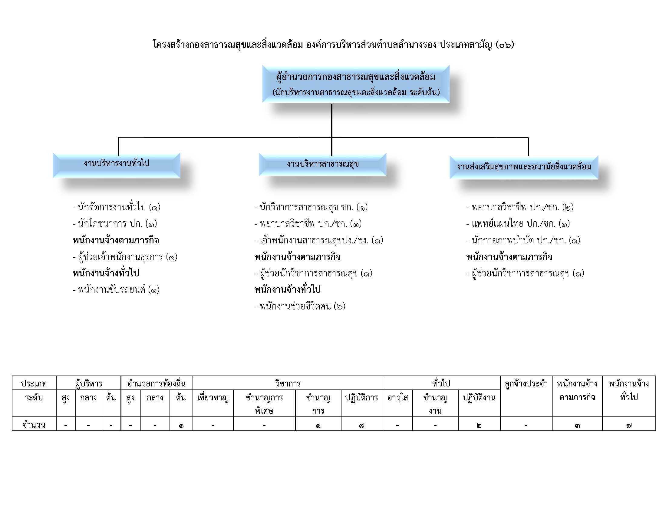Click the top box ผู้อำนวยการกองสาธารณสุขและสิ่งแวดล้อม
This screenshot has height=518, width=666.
(356, 84)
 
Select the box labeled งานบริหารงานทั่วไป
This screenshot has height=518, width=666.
(117, 165)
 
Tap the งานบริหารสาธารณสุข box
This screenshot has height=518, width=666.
(323, 165)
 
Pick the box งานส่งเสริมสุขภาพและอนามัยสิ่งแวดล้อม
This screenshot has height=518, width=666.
(524, 167)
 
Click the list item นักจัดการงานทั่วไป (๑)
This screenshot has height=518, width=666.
(117, 207)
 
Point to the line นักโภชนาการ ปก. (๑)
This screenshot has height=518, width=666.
(115, 224)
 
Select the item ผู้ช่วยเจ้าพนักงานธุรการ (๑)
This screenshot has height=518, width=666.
(125, 257)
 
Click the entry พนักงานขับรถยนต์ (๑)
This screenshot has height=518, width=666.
(116, 290)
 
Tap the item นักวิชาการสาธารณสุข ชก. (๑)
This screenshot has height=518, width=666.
(311, 207)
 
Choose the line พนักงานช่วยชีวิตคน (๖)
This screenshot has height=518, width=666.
(300, 306)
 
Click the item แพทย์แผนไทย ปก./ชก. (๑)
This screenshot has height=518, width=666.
(518, 224)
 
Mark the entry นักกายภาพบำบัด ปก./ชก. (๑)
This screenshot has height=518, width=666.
(523, 240)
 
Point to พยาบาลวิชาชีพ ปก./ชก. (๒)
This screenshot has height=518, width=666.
(520, 207)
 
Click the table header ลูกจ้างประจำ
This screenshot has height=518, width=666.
(526, 383)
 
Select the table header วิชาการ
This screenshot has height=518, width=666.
(288, 383)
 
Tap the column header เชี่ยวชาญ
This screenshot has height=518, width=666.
(213, 398)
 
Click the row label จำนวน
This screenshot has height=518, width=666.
(34, 425)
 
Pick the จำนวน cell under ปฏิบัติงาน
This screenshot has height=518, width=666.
(479, 425)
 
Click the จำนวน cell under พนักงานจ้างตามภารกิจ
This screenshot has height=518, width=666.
(577, 425)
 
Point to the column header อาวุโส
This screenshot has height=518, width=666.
(398, 398)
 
